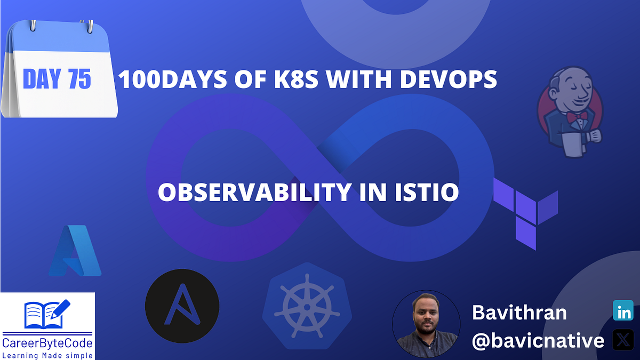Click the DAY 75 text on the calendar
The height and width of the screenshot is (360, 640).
(57, 79)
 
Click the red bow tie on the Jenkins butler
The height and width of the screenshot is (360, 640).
(577, 116)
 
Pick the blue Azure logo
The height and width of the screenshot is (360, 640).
(75, 251)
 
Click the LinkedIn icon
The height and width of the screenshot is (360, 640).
(622, 310)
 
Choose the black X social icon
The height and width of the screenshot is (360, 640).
(622, 340)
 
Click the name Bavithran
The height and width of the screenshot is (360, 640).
(519, 313)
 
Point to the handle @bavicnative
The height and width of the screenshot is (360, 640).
(538, 341)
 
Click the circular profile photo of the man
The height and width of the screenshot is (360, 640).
(426, 324)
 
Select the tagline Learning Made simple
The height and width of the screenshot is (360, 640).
(47, 354)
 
